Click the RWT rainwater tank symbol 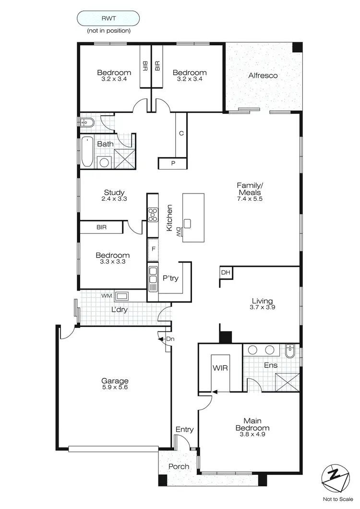[x=108, y=18]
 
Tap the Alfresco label [x=263, y=75]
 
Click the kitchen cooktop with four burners [x=153, y=214]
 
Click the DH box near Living [x=226, y=273]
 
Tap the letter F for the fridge [x=153, y=249]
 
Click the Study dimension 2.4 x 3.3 [x=114, y=199]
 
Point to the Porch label [x=178, y=466]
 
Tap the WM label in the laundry [x=106, y=295]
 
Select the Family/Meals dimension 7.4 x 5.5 [x=250, y=198]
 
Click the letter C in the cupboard [x=181, y=133]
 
